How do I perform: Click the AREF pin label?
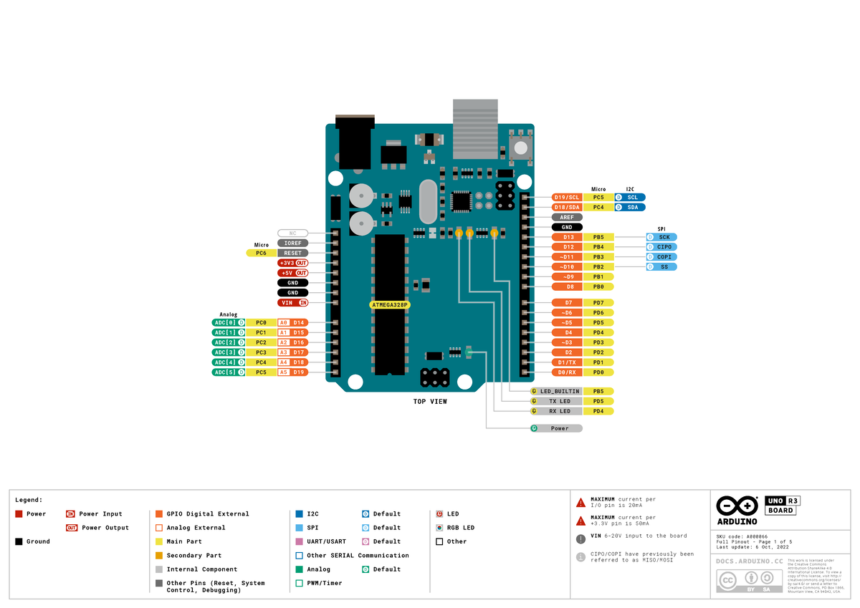(567, 217)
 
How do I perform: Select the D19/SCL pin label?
(567, 197)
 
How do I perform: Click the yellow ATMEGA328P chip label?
(390, 304)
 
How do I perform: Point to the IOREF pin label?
(292, 243)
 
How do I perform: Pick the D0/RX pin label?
(567, 372)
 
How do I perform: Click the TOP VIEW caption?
(430, 402)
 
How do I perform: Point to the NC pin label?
(292, 233)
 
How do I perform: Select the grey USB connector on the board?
(474, 129)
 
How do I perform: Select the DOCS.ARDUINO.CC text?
(749, 562)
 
